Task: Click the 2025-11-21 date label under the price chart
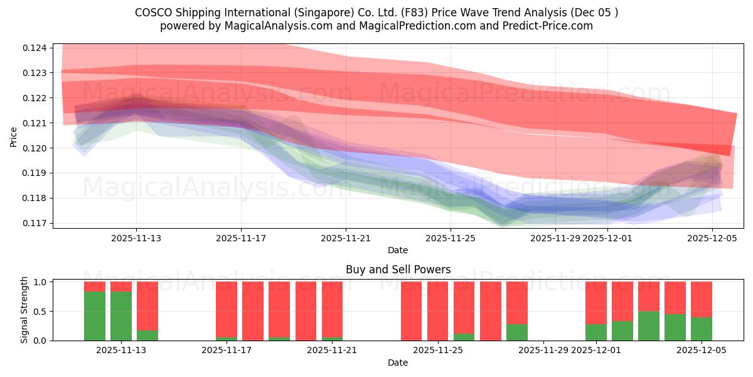tap(346, 238)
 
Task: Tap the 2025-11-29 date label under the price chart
tap(555, 238)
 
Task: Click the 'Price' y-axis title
tap(14, 137)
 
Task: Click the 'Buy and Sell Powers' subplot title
tap(398, 270)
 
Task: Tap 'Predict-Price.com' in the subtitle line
tap(550, 26)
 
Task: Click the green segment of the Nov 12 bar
tap(95, 315)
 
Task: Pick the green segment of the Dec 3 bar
tap(649, 325)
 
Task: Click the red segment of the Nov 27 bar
tap(491, 311)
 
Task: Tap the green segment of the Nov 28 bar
tap(517, 332)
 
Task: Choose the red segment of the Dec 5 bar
tap(702, 299)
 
